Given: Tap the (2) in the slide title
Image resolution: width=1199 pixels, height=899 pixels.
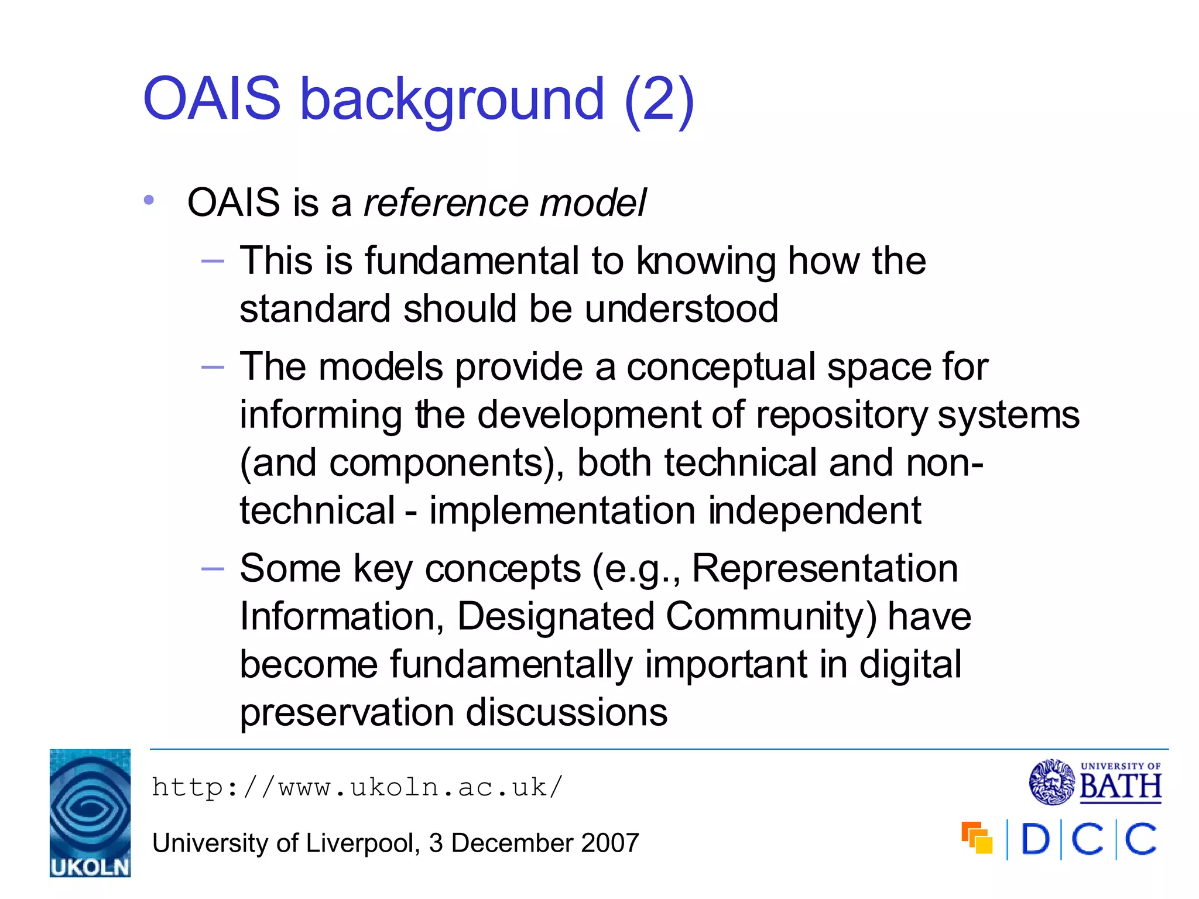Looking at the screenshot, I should pos(659,99).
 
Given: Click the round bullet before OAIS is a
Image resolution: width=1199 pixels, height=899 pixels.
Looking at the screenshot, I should pos(149,200).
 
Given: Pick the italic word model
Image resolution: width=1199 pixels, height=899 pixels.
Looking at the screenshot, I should pos(592,203).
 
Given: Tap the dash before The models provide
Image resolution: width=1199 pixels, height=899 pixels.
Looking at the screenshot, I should pos(213,368).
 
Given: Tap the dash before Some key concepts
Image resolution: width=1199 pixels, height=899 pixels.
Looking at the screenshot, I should pos(213,569).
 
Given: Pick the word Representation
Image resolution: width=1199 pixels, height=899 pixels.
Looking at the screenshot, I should pos(824,569).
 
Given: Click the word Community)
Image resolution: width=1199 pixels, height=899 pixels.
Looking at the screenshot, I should pos(771,617).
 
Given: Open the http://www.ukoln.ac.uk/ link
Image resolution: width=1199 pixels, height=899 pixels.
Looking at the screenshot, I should pos(357,787).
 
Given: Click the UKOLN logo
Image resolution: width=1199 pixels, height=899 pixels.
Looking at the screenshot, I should pos(90,812).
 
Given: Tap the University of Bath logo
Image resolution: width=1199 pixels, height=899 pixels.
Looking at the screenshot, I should pos(1095,782).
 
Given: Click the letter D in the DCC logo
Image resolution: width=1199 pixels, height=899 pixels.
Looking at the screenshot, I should pos(1035,839).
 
